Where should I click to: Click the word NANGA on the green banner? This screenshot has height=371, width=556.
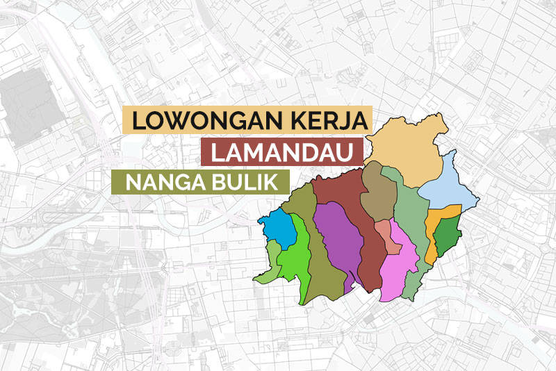tap(156, 181)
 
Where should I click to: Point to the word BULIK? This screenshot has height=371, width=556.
tap(239, 181)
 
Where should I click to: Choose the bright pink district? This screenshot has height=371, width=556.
tap(400, 264)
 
